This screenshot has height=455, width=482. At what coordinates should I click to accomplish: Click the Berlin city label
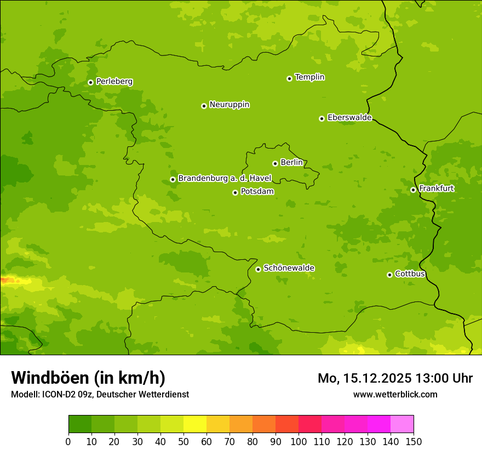291,163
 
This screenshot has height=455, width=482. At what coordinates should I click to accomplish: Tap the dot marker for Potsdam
235,192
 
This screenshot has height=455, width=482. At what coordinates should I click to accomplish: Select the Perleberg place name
114,82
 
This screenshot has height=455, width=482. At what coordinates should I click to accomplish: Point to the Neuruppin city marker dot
204,106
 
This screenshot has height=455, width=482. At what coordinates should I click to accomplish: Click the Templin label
309,77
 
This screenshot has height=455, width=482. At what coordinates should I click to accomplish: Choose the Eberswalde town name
349,118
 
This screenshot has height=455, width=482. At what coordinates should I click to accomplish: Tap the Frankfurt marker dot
413,190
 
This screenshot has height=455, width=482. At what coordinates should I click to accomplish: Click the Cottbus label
410,274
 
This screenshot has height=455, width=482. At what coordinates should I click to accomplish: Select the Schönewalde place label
289,268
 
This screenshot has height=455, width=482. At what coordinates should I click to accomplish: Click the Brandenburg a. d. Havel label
225,179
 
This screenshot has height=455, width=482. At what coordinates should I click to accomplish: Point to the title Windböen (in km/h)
88,378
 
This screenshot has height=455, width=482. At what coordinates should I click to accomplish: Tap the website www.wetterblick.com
395,394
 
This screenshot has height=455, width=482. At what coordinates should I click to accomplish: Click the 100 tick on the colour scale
299,441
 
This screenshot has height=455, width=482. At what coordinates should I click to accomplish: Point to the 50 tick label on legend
183,441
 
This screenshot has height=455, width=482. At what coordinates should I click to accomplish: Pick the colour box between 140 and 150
402,424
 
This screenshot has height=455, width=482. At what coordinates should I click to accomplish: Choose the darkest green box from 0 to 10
80,424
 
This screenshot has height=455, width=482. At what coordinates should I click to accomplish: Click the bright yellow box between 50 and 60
195,424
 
